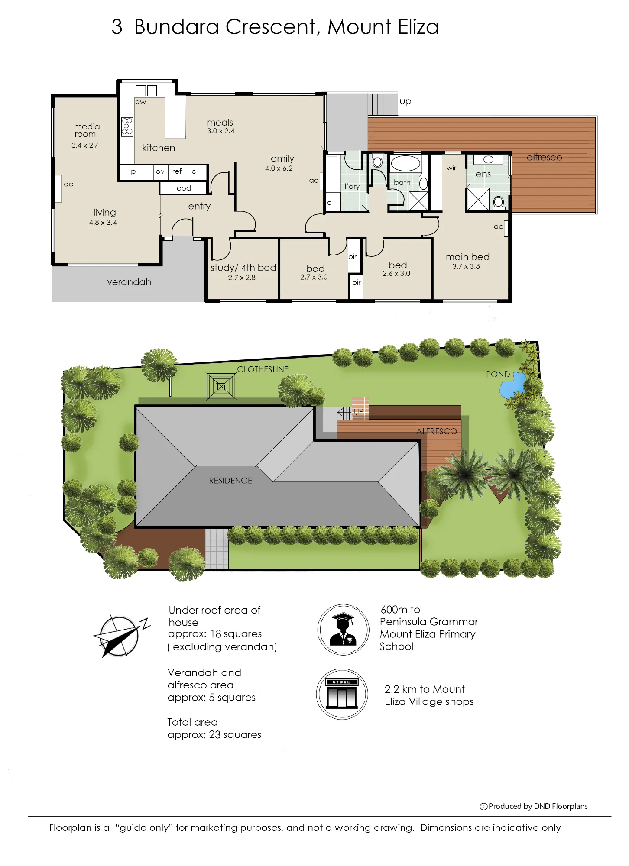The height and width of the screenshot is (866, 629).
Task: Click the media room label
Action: coord(87,130)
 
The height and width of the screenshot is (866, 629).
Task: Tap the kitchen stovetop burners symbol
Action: coord(127,126)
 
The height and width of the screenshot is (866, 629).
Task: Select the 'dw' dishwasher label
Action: coord(141,102)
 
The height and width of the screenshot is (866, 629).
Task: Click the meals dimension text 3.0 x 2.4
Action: coord(220,131)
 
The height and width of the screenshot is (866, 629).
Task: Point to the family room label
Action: coord(281,158)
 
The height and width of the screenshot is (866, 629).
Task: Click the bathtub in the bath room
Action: coord(405,163)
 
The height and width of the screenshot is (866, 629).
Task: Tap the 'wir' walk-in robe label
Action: coord(451,168)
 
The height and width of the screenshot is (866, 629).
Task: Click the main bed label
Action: coord(468,257)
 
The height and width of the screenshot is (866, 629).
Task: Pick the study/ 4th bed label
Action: coord(243,268)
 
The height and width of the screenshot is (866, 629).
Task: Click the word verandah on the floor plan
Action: coord(129,282)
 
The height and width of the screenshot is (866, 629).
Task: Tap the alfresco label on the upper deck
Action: coord(545,158)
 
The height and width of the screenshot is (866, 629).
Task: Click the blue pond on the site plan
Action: coord(512,385)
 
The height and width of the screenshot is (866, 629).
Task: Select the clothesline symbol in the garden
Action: coord(221,386)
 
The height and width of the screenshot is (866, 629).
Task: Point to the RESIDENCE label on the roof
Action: coord(230,481)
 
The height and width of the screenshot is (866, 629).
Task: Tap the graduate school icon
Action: coord(344,630)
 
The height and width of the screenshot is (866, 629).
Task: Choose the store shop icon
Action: coord(342,694)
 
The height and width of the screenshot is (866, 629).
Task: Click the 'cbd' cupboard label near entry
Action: coord(184,188)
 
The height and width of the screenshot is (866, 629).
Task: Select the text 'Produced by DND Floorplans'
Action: coord(538,806)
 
